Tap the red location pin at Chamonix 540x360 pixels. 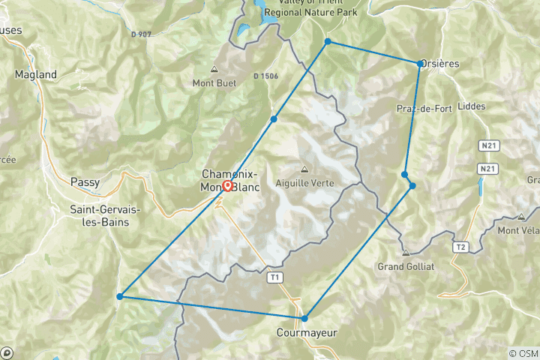pyautogui.click(x=227, y=185)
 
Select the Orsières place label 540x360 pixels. pyautogui.click(x=440, y=64)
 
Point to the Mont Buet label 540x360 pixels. pyautogui.click(x=214, y=82)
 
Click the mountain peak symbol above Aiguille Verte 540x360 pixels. pyautogui.click(x=304, y=169)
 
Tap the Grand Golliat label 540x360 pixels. pyautogui.click(x=406, y=266)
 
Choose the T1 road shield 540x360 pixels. pyautogui.click(x=277, y=277)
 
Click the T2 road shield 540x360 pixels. pyautogui.click(x=461, y=246)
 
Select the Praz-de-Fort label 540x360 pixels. pyautogui.click(x=424, y=109)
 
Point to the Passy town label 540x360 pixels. pyautogui.click(x=84, y=181)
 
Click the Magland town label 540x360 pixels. pyautogui.click(x=36, y=75)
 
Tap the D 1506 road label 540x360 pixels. pyautogui.click(x=265, y=76)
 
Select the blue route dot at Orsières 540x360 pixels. pyautogui.click(x=420, y=64)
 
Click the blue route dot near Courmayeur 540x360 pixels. pyautogui.click(x=304, y=319)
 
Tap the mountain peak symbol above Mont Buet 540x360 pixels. pyautogui.click(x=214, y=70)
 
